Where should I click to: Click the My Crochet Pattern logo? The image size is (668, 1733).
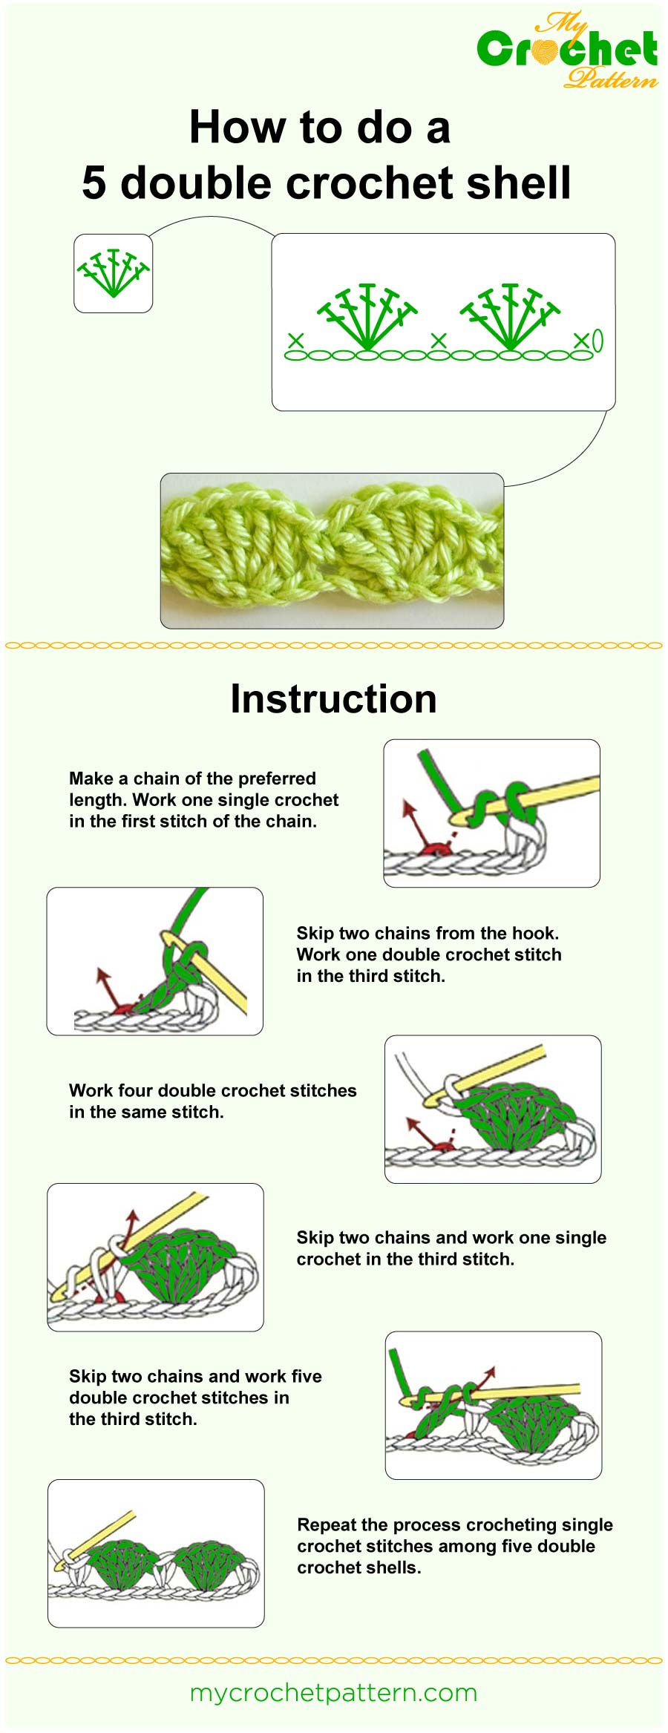(568, 50)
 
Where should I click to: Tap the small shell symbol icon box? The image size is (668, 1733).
(113, 273)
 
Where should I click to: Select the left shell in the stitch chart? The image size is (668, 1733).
(367, 316)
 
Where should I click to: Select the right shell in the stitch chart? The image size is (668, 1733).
(510, 316)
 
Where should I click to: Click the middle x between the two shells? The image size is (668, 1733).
(439, 341)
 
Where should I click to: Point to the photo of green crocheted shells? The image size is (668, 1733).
(332, 551)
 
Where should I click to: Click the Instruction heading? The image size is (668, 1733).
(333, 699)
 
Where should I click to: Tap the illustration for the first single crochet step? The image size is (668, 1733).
(491, 813)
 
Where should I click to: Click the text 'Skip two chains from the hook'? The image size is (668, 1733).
(428, 933)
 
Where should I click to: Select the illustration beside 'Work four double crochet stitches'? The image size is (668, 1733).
(493, 1109)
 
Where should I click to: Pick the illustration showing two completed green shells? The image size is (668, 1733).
(156, 1553)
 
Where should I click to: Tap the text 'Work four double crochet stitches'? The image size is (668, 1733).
(212, 1090)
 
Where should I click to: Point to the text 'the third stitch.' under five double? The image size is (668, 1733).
(133, 1419)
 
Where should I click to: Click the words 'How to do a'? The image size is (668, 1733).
(320, 127)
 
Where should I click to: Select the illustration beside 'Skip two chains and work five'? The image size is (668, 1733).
(493, 1405)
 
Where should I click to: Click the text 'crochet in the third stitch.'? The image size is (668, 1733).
(405, 1259)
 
